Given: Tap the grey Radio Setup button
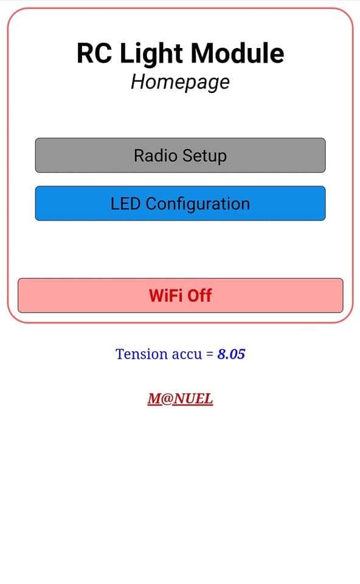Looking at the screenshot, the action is click(x=180, y=155).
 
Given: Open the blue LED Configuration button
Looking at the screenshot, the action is click(x=180, y=203).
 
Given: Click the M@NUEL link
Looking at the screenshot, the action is click(x=180, y=399).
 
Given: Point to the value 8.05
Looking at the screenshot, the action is click(x=231, y=354).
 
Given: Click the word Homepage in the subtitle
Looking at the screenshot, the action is click(x=180, y=82).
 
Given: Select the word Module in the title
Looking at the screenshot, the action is click(x=238, y=54).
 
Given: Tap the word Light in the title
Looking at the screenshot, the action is click(x=151, y=54).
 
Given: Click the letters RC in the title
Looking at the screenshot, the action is click(x=94, y=54).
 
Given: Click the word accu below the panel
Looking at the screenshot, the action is click(x=186, y=355).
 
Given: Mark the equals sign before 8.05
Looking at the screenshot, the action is click(x=210, y=354).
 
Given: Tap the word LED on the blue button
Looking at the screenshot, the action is click(x=125, y=204).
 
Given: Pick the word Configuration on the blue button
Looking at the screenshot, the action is click(x=198, y=204).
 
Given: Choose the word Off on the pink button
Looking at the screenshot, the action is click(x=199, y=296).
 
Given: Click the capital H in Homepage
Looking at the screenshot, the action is click(x=138, y=82).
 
